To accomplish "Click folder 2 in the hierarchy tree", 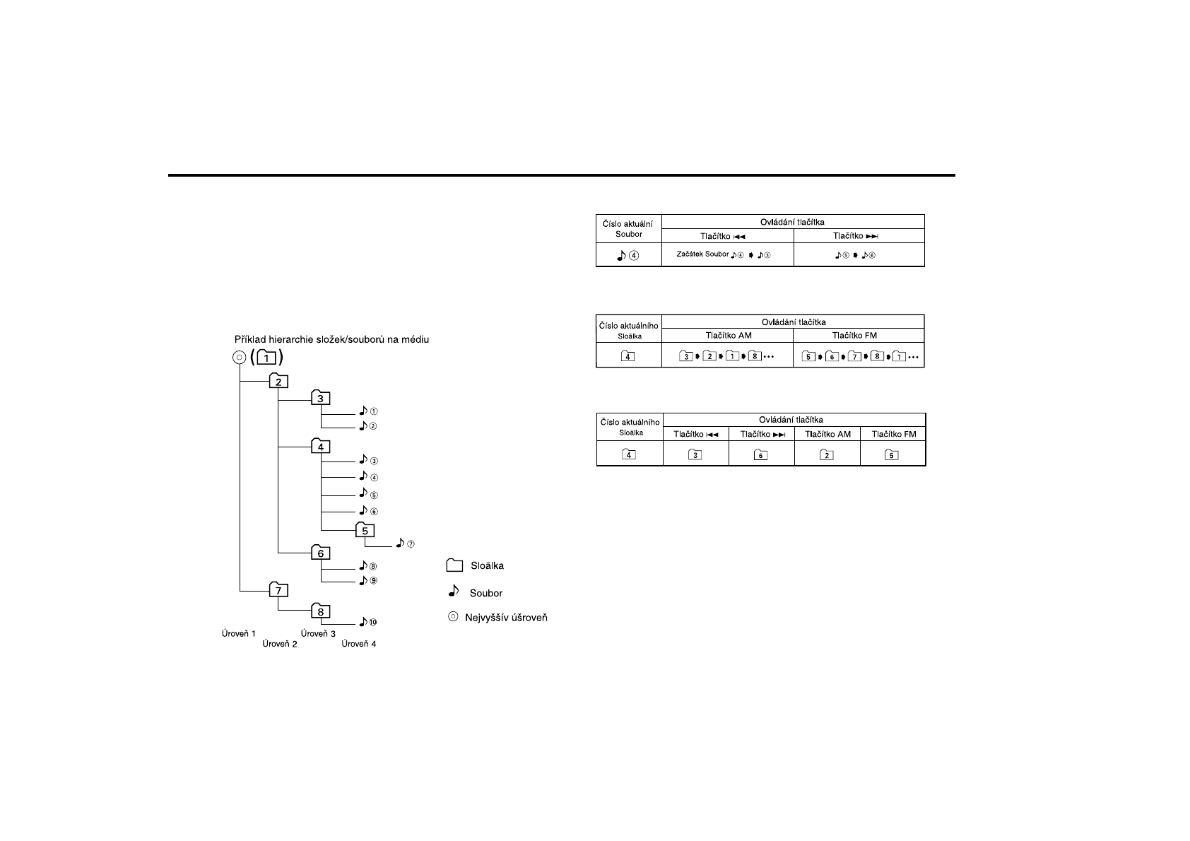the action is (x=278, y=382).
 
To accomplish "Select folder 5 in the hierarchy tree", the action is (x=364, y=531).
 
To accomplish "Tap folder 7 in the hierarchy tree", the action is (x=278, y=590).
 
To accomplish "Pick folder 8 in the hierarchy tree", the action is (x=320, y=612).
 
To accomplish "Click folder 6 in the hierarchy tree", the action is (x=320, y=553).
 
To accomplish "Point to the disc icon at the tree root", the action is (x=239, y=358).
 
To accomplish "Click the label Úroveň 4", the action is (x=359, y=644).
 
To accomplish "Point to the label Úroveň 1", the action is (x=239, y=634).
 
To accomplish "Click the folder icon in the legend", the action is (x=454, y=565).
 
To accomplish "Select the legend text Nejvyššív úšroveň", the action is (x=505, y=618).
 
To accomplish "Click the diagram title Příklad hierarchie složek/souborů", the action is (x=331, y=339).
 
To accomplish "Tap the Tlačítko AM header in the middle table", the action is (x=727, y=336).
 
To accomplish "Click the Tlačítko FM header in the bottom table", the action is (x=893, y=434).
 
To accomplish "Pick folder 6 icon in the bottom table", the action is (x=761, y=455).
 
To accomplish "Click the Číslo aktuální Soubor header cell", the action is (x=628, y=228).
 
